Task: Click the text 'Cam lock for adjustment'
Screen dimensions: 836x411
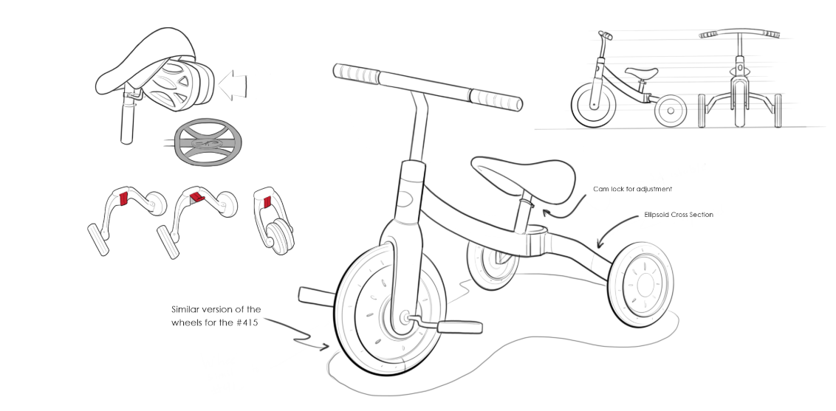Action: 633,190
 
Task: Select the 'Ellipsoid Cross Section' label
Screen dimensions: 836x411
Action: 678,215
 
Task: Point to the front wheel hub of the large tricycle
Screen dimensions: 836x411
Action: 405,317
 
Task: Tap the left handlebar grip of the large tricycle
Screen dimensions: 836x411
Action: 356,73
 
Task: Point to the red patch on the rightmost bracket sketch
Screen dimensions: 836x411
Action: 267,201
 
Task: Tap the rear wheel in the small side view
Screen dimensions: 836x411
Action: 671,110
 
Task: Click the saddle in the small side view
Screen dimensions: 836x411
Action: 640,72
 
